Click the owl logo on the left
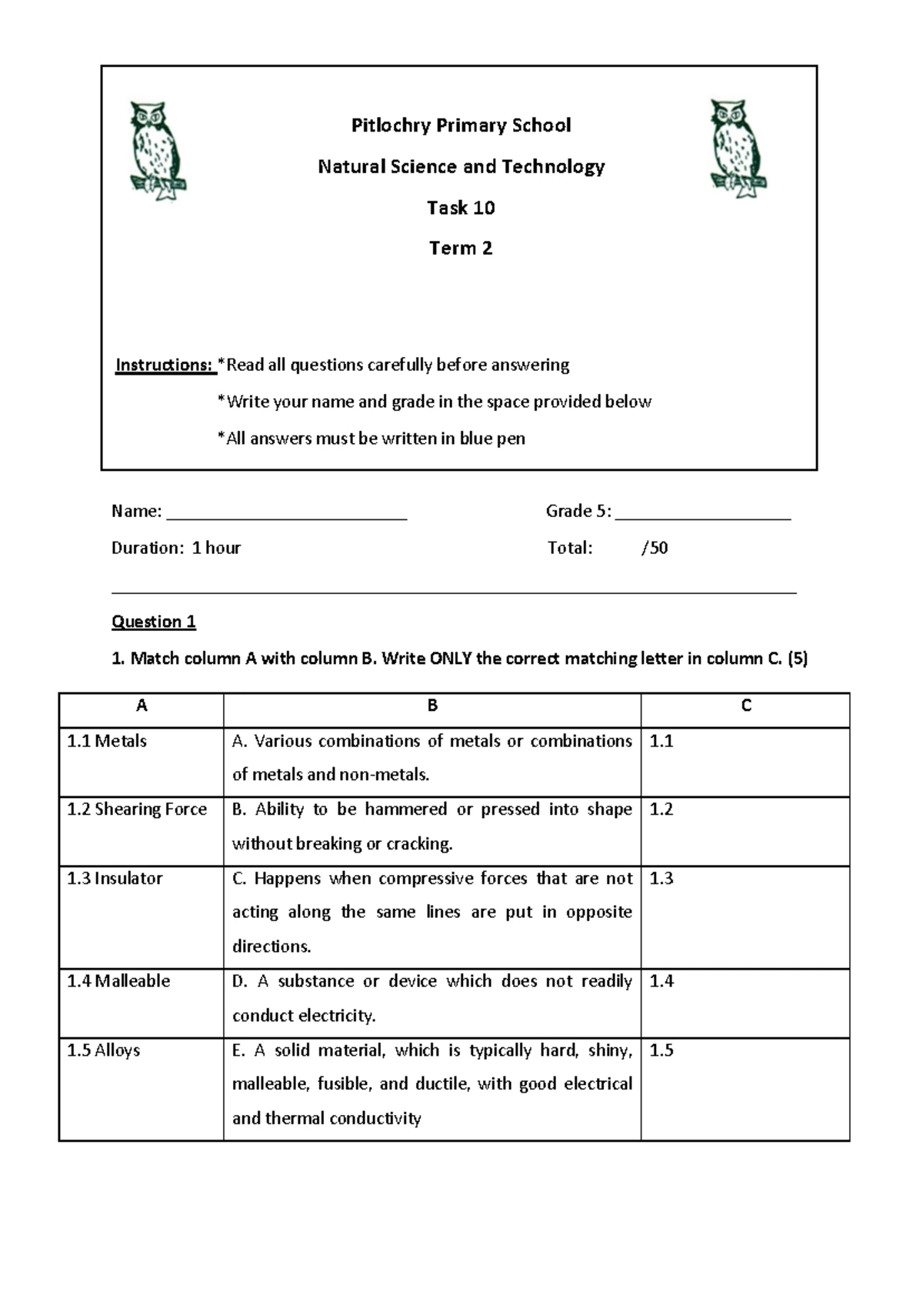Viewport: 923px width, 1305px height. pyautogui.click(x=158, y=151)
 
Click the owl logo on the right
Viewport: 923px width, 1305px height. pyautogui.click(x=738, y=149)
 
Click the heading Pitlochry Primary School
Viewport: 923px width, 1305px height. pyautogui.click(x=461, y=125)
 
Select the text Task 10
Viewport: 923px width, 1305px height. pyautogui.click(x=461, y=208)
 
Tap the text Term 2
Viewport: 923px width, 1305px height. pyautogui.click(x=461, y=249)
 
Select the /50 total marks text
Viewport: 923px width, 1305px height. pyautogui.click(x=655, y=548)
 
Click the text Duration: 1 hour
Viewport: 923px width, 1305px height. pyautogui.click(x=176, y=548)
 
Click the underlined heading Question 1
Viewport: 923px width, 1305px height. pyautogui.click(x=154, y=622)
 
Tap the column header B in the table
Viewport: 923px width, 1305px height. pyautogui.click(x=432, y=706)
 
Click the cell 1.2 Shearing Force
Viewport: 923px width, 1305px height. pyautogui.click(x=137, y=809)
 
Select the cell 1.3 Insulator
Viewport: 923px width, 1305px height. pyautogui.click(x=115, y=879)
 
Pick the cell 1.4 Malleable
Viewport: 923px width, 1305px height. pyautogui.click(x=118, y=981)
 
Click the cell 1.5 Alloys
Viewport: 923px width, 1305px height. pyautogui.click(x=104, y=1050)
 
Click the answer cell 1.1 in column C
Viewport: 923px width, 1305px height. pyautogui.click(x=745, y=762)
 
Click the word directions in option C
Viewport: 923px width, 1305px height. pyautogui.click(x=272, y=946)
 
